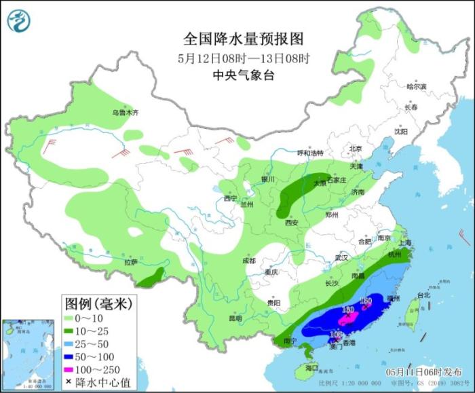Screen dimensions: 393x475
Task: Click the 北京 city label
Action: click(356, 149)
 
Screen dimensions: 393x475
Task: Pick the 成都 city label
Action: click(248, 261)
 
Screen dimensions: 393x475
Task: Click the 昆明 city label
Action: click(235, 317)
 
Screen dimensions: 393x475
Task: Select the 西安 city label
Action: click(292, 222)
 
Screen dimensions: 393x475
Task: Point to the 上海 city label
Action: click(407, 242)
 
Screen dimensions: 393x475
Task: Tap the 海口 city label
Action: click(311, 367)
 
